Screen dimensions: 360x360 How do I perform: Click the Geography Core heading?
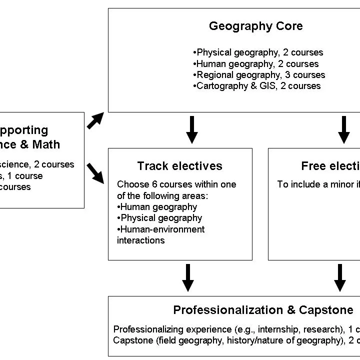(255, 26)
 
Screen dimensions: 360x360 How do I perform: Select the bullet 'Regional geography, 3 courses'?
(259, 75)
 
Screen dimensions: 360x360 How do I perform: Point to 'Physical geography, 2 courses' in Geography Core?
(258, 52)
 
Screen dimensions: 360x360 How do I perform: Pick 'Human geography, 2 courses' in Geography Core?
(256, 64)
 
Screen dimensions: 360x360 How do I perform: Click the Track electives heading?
(179, 166)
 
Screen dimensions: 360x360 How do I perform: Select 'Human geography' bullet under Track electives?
(157, 206)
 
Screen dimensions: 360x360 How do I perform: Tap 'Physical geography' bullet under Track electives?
(160, 218)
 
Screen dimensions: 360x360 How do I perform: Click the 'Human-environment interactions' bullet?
(161, 234)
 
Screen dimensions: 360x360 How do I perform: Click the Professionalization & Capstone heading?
(263, 310)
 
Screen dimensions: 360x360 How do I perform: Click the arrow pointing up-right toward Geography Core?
(95, 121)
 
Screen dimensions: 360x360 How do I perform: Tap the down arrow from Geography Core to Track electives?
(191, 129)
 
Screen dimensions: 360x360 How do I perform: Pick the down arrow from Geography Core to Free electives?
(344, 129)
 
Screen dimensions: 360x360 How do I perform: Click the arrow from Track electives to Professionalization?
(188, 277)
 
